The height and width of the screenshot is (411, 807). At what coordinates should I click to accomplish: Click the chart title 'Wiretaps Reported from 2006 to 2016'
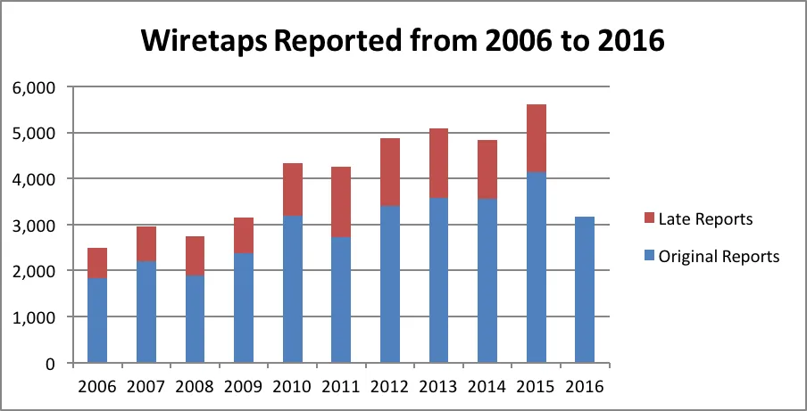pyautogui.click(x=403, y=41)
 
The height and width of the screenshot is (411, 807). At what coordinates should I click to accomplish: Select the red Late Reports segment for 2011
pyautogui.click(x=341, y=201)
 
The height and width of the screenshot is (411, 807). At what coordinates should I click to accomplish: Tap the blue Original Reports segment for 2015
pyautogui.click(x=537, y=267)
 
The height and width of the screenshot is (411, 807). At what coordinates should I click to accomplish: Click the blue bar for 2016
pyautogui.click(x=586, y=290)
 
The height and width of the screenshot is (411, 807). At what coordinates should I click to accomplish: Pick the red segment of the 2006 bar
pyautogui.click(x=96, y=263)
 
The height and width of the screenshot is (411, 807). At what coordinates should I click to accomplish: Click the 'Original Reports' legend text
pyautogui.click(x=719, y=257)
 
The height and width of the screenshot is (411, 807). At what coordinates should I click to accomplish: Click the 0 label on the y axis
pyautogui.click(x=50, y=364)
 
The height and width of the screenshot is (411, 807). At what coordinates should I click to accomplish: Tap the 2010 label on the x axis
pyautogui.click(x=292, y=387)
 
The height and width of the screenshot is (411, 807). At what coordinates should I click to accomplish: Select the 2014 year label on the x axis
pyautogui.click(x=488, y=387)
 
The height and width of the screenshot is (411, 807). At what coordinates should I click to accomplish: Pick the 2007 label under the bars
pyautogui.click(x=146, y=387)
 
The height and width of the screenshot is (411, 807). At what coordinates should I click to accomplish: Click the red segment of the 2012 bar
pyautogui.click(x=390, y=172)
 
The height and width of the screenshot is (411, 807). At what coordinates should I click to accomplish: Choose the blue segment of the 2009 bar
pyautogui.click(x=243, y=308)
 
